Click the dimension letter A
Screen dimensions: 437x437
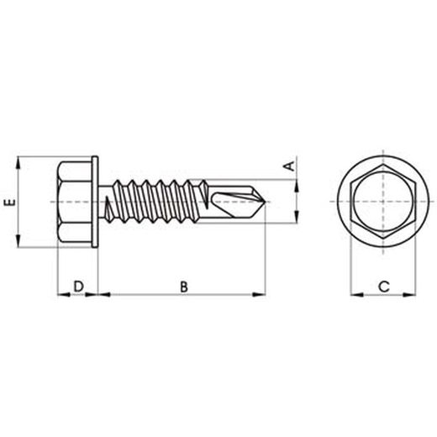(290, 166)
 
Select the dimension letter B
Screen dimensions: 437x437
(184, 287)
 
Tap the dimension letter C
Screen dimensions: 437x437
(384, 287)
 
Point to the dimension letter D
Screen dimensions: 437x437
(79, 287)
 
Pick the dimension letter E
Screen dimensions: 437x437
(10, 203)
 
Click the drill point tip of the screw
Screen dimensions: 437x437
(265, 202)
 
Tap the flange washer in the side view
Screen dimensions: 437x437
(95, 202)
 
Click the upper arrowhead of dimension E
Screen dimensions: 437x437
(18, 162)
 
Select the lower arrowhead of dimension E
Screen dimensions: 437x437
(18, 241)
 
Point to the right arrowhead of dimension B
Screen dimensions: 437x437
(259, 294)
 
